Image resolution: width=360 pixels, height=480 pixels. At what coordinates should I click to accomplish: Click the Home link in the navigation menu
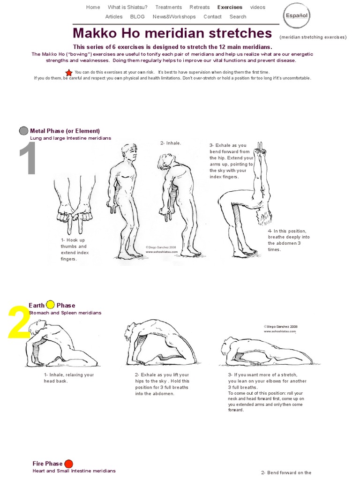93,7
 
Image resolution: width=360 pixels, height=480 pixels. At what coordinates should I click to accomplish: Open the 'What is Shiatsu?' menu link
127,7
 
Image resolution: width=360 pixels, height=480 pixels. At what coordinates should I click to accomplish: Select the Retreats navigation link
200,7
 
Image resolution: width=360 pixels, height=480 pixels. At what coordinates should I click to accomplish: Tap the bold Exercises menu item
230,7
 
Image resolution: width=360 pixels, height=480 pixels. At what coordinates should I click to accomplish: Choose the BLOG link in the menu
137,16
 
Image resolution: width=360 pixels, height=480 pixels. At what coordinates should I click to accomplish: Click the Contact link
212,16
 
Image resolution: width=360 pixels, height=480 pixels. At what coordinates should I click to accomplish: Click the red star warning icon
69,72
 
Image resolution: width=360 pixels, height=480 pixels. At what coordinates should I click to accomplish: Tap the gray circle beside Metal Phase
23,131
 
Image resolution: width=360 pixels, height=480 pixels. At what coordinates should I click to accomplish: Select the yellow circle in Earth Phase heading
51,305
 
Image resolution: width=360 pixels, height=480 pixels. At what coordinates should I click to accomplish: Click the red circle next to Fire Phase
68,464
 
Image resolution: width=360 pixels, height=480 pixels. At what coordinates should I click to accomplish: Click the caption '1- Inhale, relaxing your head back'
69,378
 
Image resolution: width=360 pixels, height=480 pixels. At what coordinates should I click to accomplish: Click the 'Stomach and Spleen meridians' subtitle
65,313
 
